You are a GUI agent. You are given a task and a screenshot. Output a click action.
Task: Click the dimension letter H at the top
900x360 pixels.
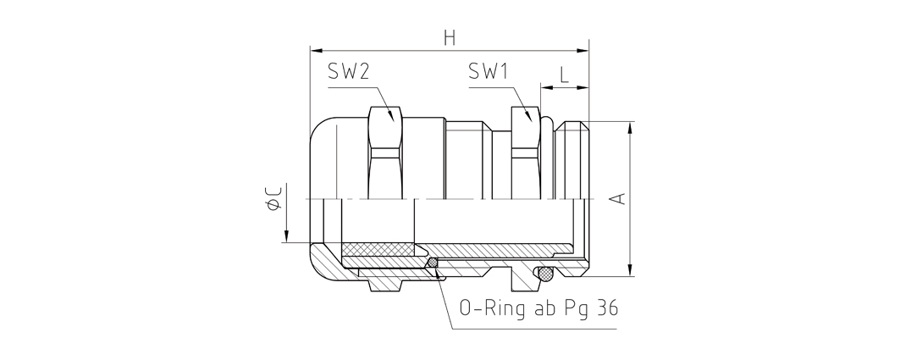[449, 37]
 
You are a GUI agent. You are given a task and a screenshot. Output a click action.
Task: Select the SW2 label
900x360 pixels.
[349, 73]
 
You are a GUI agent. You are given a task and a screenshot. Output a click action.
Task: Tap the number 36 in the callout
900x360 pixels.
[605, 307]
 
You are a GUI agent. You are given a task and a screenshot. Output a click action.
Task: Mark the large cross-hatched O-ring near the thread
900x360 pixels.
[546, 273]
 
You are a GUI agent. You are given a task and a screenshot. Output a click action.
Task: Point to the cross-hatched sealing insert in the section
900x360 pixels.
[377, 250]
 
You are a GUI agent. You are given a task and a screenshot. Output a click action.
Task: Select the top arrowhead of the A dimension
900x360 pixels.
[631, 126]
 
